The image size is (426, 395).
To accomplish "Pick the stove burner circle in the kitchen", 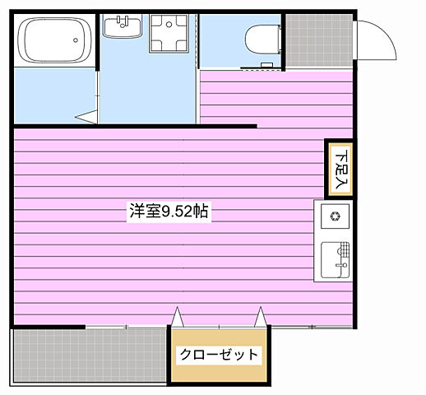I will point(336,217).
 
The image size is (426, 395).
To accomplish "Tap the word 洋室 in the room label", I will point(144,211).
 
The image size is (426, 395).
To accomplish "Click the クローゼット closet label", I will point(220,355).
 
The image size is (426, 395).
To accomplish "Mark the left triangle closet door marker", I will point(176,316).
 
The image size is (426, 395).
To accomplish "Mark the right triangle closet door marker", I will point(262,316).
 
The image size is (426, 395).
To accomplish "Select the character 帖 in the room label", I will point(201,211).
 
